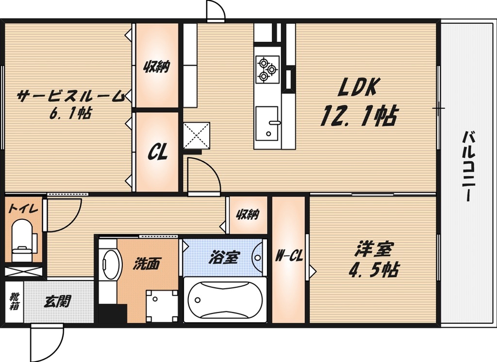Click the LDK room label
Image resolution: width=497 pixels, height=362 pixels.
pos(359,88)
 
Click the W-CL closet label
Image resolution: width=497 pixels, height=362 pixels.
pos(289,257)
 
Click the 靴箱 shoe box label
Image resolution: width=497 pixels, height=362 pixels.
pos(14,301)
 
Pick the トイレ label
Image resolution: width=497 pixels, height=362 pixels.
pos(23,209)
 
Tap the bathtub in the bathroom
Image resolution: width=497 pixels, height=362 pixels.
pos(225,300)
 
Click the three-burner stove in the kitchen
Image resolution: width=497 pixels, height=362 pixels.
pos(267,69)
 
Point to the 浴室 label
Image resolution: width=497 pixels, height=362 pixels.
pos(222,257)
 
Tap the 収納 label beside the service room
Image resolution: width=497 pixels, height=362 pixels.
pos(157,66)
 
